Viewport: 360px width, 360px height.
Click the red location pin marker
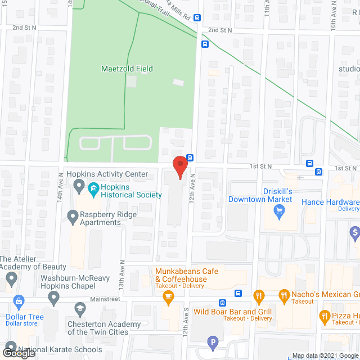click(179, 166)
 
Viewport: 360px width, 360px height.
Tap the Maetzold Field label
click(127, 69)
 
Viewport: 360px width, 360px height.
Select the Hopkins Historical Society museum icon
click(78, 186)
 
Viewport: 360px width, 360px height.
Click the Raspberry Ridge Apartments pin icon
click(73, 215)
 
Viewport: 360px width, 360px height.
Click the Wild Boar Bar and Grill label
click(232, 312)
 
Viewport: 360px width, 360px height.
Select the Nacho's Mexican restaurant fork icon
click(259, 294)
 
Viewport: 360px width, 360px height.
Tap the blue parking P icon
click(213, 341)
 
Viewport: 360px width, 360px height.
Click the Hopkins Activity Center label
click(107, 174)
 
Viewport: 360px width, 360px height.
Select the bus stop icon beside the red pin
click(190, 157)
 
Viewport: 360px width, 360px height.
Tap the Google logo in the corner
click(19, 353)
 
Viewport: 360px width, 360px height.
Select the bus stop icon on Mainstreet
click(238, 293)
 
